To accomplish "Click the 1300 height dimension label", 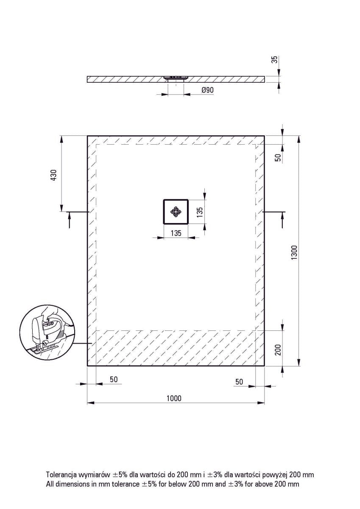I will point(295,253).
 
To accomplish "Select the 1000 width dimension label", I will point(174,398).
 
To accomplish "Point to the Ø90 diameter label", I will point(207,90).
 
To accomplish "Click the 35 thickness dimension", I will point(274,59).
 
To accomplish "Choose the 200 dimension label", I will point(278,350).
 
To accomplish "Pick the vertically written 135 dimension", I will point(200,211).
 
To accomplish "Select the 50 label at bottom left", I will point(113,379).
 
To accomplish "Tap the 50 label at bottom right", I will point(239,382).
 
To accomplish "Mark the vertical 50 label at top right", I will point(278,157).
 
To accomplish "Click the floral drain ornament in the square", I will point(176,211).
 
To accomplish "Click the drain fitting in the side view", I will point(176,78).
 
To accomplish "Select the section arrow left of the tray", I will point(69,218).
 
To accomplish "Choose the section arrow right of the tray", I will point(282,218).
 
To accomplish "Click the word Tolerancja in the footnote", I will point(62,475).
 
